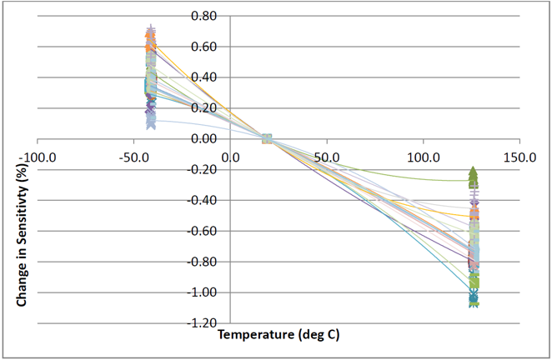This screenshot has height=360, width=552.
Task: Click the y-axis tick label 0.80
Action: [204, 16]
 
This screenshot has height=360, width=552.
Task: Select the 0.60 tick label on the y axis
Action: [204, 47]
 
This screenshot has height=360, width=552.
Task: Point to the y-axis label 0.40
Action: [204, 77]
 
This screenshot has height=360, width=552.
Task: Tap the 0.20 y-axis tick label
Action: [204, 108]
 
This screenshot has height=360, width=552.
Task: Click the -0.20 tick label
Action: [203, 170]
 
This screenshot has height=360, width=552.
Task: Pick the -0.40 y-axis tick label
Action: [203, 201]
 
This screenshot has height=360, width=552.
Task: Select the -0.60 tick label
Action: [203, 232]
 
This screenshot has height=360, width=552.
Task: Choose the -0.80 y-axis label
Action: [203, 262]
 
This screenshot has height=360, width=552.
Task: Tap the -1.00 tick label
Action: [203, 292]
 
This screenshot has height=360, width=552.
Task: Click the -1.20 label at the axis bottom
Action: [203, 323]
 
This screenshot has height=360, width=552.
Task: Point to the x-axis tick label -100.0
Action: [38, 156]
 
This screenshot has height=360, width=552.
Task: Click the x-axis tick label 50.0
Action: [327, 156]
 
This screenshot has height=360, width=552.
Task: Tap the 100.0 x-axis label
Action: [424, 156]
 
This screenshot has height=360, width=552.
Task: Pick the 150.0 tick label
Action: [520, 156]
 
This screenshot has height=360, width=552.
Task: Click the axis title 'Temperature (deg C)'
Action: [279, 335]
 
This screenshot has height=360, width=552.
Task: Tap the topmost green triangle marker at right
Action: [473, 172]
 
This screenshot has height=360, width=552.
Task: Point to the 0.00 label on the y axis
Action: [204, 139]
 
